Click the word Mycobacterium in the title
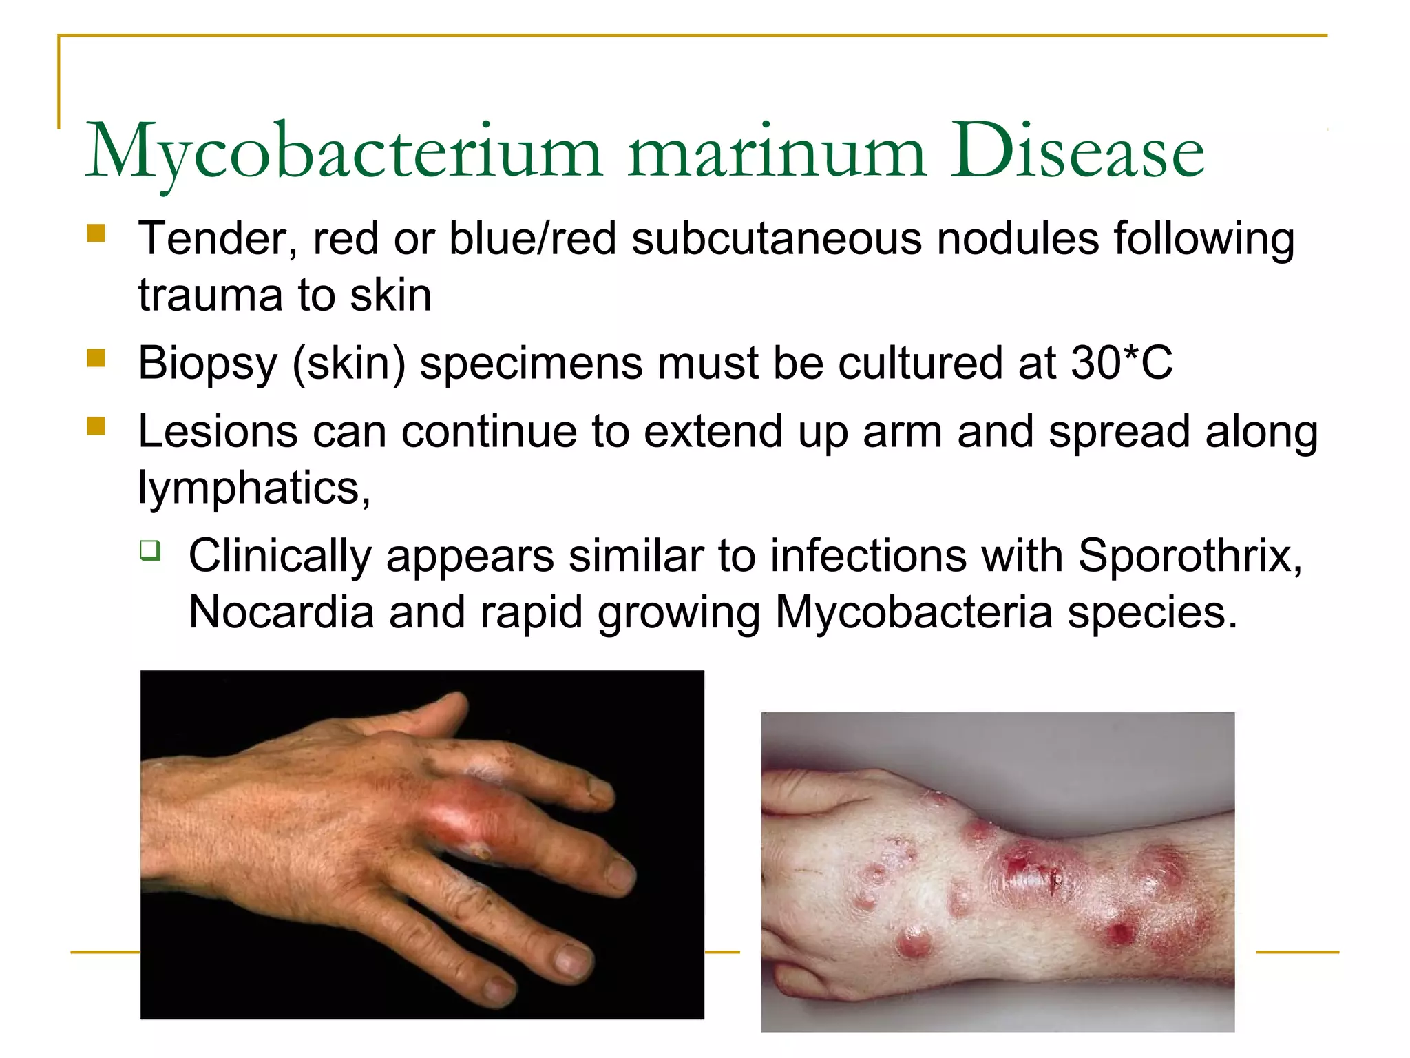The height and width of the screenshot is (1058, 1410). [344, 153]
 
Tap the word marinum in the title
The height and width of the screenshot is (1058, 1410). [777, 153]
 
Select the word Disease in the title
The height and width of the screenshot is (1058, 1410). [1077, 153]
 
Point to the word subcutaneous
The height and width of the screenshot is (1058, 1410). [777, 239]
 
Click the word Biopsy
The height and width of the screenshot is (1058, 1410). [207, 364]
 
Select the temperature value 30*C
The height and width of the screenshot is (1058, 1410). [1122, 362]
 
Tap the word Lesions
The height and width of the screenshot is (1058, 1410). [218, 432]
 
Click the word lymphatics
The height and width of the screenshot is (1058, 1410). [253, 488]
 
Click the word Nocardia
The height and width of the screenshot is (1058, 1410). [281, 612]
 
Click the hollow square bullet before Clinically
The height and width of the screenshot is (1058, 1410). [150, 550]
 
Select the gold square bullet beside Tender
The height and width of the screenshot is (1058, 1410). [96, 234]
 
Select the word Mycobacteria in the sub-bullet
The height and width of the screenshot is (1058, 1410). [914, 612]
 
